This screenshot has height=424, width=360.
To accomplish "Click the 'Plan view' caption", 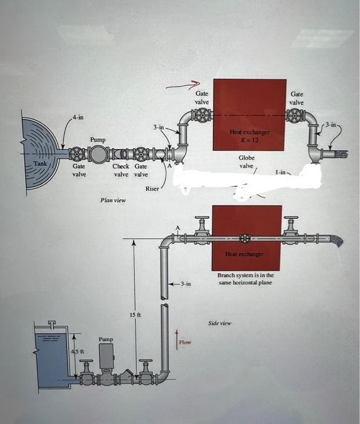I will (113, 200).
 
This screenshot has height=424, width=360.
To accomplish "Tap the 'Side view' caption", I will (220, 323).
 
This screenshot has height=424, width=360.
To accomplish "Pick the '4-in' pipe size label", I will (78, 117).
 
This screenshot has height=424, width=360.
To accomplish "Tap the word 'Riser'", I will (152, 189).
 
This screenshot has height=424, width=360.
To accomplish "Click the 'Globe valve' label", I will (246, 162).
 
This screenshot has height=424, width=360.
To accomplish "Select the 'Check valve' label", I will (122, 170).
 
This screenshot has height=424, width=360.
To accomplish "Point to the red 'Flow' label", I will (185, 342).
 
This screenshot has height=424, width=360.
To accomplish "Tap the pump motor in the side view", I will (106, 357).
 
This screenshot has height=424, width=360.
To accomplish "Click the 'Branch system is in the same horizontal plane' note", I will (245, 279).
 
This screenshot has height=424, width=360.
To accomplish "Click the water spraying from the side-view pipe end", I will (336, 241).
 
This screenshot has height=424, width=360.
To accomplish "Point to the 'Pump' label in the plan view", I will (98, 139).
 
